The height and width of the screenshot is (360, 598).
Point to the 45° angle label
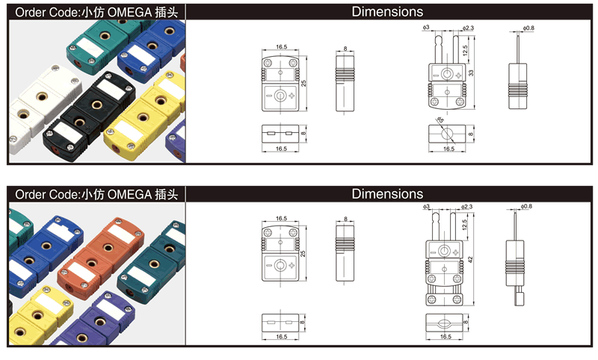[440, 121]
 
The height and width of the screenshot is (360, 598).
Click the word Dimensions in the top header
[387, 11]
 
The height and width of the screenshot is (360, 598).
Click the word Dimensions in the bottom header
[387, 194]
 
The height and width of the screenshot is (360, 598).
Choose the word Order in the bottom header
[29, 194]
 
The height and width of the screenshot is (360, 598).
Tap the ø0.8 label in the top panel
[528, 28]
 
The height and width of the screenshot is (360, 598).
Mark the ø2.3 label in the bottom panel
[469, 207]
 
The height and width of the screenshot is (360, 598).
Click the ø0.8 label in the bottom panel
[526, 207]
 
